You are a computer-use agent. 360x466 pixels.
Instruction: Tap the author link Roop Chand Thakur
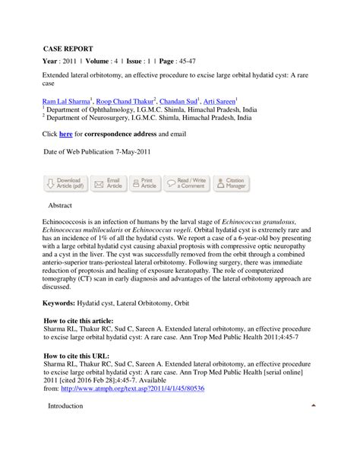(x=125, y=100)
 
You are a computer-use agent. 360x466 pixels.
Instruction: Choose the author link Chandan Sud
(x=180, y=100)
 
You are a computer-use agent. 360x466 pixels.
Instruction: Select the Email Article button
(x=107, y=183)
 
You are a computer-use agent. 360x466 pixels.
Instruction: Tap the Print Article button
(x=144, y=183)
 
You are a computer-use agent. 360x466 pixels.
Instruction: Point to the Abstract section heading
(x=60, y=206)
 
